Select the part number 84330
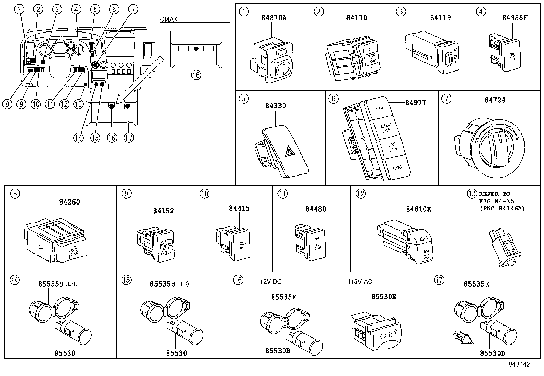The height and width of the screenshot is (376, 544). click(x=275, y=106)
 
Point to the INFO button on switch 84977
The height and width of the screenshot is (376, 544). click(x=379, y=109)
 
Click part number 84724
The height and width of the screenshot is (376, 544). click(x=494, y=100)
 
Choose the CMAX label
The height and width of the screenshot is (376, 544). click(x=169, y=19)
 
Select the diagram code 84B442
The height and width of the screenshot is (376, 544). click(x=518, y=365)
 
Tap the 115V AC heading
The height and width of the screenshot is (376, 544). click(x=360, y=282)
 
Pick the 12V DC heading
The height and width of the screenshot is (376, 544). click(x=271, y=282)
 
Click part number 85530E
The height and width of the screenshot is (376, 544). click(x=384, y=297)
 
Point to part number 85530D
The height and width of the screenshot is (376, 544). click(x=492, y=353)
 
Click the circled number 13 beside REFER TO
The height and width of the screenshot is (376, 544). click(x=472, y=194)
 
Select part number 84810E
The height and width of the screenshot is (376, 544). click(x=418, y=209)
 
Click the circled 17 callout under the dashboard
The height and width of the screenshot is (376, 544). click(x=128, y=138)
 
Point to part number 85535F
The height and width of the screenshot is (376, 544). click(x=284, y=297)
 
